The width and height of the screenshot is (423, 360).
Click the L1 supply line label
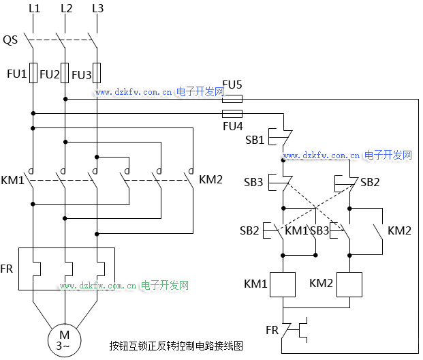coord(35,9)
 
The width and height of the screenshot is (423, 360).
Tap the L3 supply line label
coord(97,9)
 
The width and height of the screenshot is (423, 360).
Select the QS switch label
coord(10,40)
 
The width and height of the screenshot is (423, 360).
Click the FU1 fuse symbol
coord(33,74)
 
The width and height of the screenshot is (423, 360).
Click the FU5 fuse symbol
coord(232,98)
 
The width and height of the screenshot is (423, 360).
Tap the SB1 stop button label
coord(254,140)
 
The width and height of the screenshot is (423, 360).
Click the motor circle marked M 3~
coord(64,339)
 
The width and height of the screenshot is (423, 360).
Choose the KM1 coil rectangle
coord(281,284)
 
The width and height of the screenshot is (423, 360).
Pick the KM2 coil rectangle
coord(349,284)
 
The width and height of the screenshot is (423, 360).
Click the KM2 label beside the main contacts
coord(210,180)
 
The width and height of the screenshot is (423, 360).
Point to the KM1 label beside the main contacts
coord(13,181)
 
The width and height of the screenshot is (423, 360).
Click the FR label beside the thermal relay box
coord(7,269)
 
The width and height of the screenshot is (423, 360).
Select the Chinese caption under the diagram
coord(176,346)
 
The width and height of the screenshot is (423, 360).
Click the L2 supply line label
coord(66,9)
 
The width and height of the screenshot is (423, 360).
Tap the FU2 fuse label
coord(50,74)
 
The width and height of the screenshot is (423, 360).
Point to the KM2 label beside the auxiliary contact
coord(399,230)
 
